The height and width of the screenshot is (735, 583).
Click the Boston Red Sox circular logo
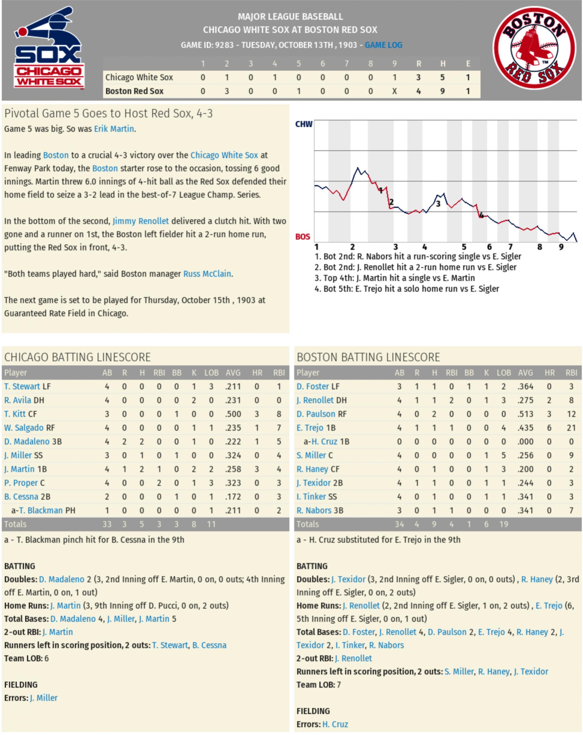(534, 48)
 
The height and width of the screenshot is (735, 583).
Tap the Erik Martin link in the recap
(114, 129)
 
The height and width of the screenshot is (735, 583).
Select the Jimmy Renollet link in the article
(141, 221)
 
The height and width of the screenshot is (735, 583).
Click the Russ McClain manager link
(207, 274)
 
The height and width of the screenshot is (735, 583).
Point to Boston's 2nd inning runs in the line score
(227, 91)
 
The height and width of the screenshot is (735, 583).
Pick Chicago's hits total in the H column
(442, 77)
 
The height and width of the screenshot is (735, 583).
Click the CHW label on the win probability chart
(303, 124)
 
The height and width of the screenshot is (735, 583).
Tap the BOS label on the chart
(302, 237)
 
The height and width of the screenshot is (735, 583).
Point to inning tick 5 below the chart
(464, 247)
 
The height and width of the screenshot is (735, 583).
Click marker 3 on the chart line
(438, 204)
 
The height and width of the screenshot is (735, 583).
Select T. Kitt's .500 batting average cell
(233, 414)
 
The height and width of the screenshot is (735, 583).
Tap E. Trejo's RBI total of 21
(571, 428)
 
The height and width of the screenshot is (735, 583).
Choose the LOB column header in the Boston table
(504, 373)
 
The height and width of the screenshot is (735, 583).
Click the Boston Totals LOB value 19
(504, 524)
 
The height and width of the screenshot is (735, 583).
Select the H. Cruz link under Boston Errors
(335, 725)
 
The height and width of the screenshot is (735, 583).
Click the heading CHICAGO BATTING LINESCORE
(77, 357)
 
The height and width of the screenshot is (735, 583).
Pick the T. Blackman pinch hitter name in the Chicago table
(41, 511)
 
